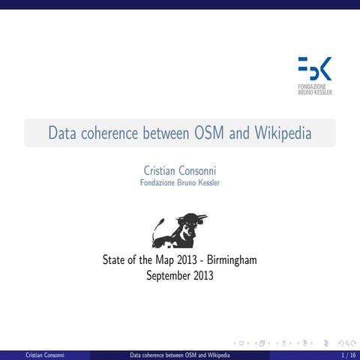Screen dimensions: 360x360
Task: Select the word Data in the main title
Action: [62, 133]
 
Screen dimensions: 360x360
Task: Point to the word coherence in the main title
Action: [112, 133]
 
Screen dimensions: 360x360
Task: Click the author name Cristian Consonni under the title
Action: [180, 171]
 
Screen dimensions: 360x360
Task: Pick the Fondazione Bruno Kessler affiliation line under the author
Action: [180, 183]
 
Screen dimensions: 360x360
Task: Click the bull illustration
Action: [179, 230]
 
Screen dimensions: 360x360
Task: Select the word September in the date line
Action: [166, 276]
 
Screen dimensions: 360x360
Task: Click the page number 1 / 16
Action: [347, 354]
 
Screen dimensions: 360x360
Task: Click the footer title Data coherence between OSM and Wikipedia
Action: [180, 354]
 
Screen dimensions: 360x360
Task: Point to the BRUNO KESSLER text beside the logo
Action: [316, 92]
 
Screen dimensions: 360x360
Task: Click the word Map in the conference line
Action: [163, 261]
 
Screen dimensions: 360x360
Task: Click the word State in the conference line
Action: [115, 261]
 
